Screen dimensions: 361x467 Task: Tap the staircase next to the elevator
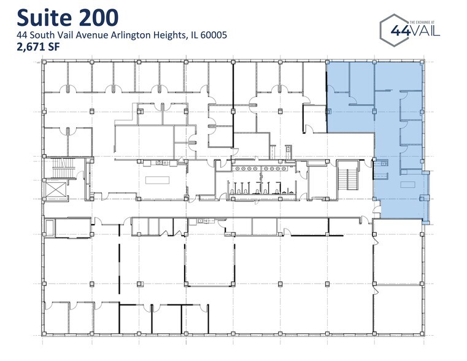tap(61, 166)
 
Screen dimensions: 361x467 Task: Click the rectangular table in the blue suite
tap(408, 185)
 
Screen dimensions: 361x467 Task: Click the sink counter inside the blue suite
tap(383, 163)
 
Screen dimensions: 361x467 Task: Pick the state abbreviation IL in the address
tap(190, 36)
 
